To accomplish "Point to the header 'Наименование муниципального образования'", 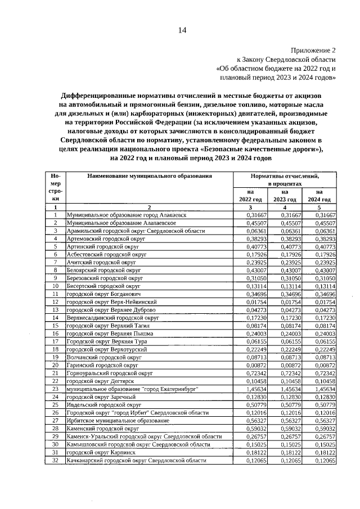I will [149, 176].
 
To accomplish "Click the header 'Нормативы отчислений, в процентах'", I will [285, 179].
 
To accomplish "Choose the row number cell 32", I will [55, 460].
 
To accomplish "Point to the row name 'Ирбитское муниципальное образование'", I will [118, 421].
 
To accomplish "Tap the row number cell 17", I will [55, 341].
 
